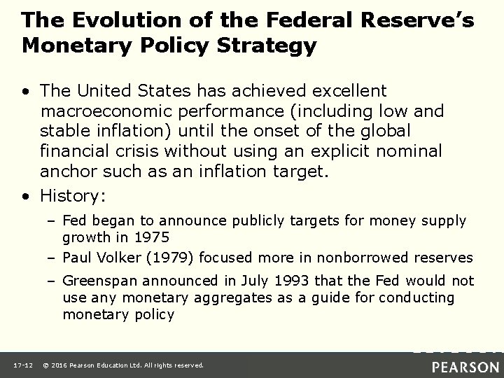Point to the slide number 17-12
point(21,365)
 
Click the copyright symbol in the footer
point(46,365)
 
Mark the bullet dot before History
point(27,193)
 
